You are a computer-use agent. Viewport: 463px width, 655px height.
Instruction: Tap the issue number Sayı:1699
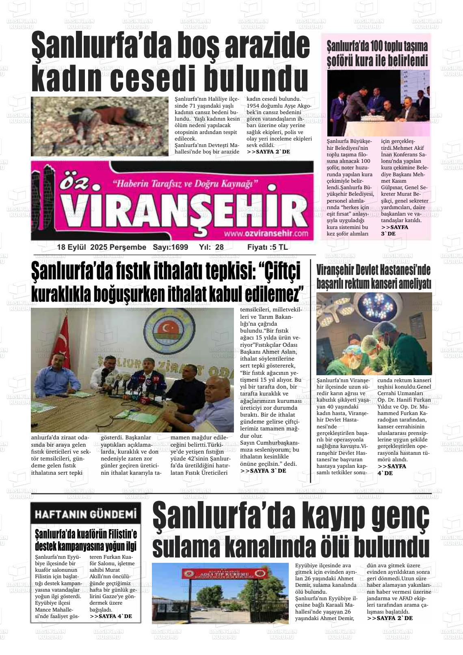click(x=170, y=247)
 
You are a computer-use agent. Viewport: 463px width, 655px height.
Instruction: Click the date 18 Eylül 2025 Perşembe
click(x=102, y=247)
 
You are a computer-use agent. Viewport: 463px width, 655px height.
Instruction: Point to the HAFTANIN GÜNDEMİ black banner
click(x=86, y=514)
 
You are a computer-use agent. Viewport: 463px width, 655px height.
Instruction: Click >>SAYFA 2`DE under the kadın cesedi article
click(x=268, y=151)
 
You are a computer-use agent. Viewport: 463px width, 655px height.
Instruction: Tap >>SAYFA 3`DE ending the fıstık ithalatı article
click(x=263, y=470)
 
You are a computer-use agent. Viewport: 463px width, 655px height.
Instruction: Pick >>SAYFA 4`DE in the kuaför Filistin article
click(x=110, y=616)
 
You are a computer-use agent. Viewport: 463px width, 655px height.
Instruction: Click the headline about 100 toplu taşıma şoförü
click(x=378, y=54)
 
